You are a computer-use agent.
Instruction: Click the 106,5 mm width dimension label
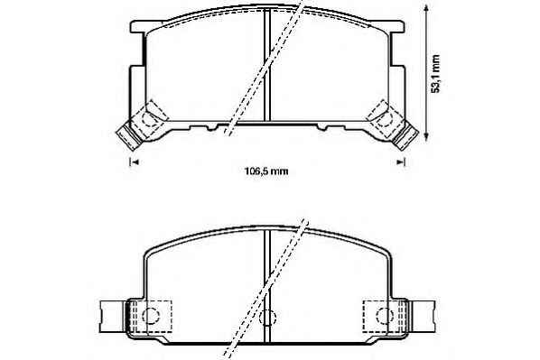click(x=265, y=171)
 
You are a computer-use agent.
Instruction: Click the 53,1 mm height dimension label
click(x=435, y=73)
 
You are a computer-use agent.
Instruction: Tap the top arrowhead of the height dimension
click(x=427, y=7)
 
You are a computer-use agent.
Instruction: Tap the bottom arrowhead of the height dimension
click(x=427, y=136)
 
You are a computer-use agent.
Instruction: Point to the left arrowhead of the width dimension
click(x=135, y=162)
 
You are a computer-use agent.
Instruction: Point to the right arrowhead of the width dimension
click(x=400, y=162)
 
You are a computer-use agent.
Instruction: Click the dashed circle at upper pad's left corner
click(x=149, y=119)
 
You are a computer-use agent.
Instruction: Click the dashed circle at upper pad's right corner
click(x=385, y=119)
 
